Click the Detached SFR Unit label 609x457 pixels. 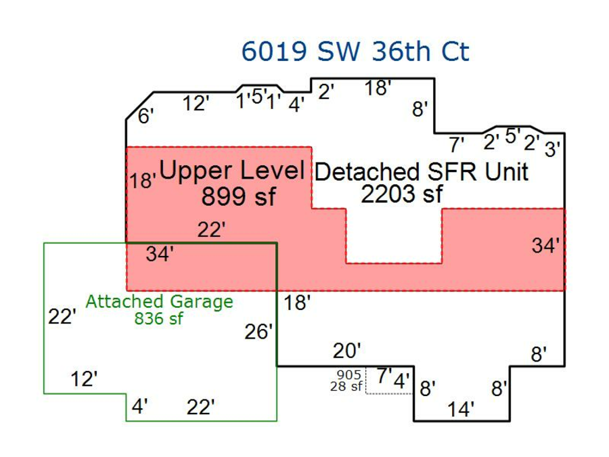[421, 172]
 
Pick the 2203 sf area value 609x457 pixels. [401, 194]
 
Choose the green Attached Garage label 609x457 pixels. [159, 301]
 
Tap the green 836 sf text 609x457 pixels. [159, 319]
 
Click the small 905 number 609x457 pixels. [348, 374]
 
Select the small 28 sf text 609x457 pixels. [346, 387]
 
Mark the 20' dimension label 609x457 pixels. [347, 351]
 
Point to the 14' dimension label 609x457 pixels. [461, 409]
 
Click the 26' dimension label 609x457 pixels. [258, 332]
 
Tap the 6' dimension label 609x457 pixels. [146, 116]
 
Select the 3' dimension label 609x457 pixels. [553, 149]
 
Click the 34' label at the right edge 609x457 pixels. [545, 246]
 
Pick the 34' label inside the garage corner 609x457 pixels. [160, 255]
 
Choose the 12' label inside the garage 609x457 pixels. [85, 379]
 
